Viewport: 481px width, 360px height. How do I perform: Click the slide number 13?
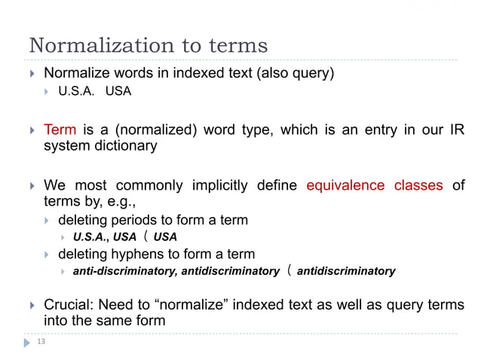41,341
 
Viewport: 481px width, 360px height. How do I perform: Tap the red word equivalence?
347,185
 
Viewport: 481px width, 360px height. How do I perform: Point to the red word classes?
418,185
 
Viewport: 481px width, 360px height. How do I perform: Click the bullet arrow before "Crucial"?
32,304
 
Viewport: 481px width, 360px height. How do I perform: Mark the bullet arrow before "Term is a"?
32,130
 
